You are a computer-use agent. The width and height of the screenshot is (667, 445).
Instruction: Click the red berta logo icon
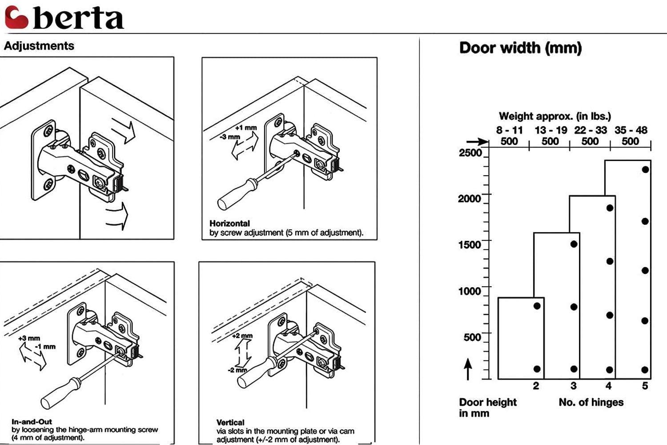pyautogui.click(x=16, y=18)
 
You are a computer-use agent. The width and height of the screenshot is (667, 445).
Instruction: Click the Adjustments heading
pyautogui.click(x=39, y=46)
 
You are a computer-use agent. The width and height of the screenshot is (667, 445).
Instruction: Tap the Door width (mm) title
pyautogui.click(x=520, y=48)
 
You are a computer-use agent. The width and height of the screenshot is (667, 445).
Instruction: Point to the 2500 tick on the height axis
pyautogui.click(x=470, y=153)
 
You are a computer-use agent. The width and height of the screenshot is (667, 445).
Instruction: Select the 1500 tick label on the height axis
pyautogui.click(x=470, y=245)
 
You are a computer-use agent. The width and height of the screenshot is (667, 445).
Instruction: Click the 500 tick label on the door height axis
pyautogui.click(x=472, y=337)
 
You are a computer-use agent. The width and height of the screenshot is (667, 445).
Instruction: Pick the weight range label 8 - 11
pyautogui.click(x=509, y=130)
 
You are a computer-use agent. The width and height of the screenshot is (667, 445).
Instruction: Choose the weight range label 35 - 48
pyautogui.click(x=631, y=130)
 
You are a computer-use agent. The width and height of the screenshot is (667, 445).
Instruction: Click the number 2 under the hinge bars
pyautogui.click(x=536, y=386)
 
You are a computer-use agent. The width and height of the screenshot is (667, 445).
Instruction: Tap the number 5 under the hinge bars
pyautogui.click(x=645, y=386)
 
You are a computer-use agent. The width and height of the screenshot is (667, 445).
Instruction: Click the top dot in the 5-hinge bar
pyautogui.click(x=645, y=169)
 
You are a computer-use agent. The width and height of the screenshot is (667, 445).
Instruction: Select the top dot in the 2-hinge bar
pyautogui.click(x=537, y=306)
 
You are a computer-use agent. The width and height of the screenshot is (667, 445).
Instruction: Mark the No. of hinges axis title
pyautogui.click(x=591, y=402)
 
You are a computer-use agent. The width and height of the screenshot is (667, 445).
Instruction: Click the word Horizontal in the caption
pyautogui.click(x=229, y=223)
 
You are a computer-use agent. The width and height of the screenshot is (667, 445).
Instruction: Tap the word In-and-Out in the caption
pyautogui.click(x=32, y=421)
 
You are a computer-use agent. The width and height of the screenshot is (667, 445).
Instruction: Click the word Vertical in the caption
pyautogui.click(x=230, y=422)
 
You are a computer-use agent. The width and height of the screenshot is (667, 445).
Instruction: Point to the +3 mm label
pyautogui.click(x=29, y=338)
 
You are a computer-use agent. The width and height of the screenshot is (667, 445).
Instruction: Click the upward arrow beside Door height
pyautogui.click(x=468, y=369)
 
